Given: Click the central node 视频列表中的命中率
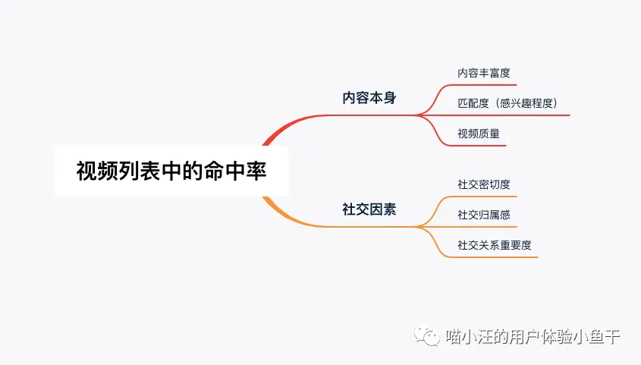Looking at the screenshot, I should click(171, 171).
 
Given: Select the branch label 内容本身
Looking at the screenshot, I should click(369, 98).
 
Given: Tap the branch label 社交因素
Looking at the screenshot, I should click(369, 209).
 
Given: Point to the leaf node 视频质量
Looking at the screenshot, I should click(479, 134).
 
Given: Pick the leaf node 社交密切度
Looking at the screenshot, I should click(484, 184).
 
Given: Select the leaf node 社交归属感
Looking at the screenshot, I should click(484, 215).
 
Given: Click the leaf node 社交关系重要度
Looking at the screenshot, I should click(495, 245).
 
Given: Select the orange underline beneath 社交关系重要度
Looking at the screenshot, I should click(496, 257).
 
